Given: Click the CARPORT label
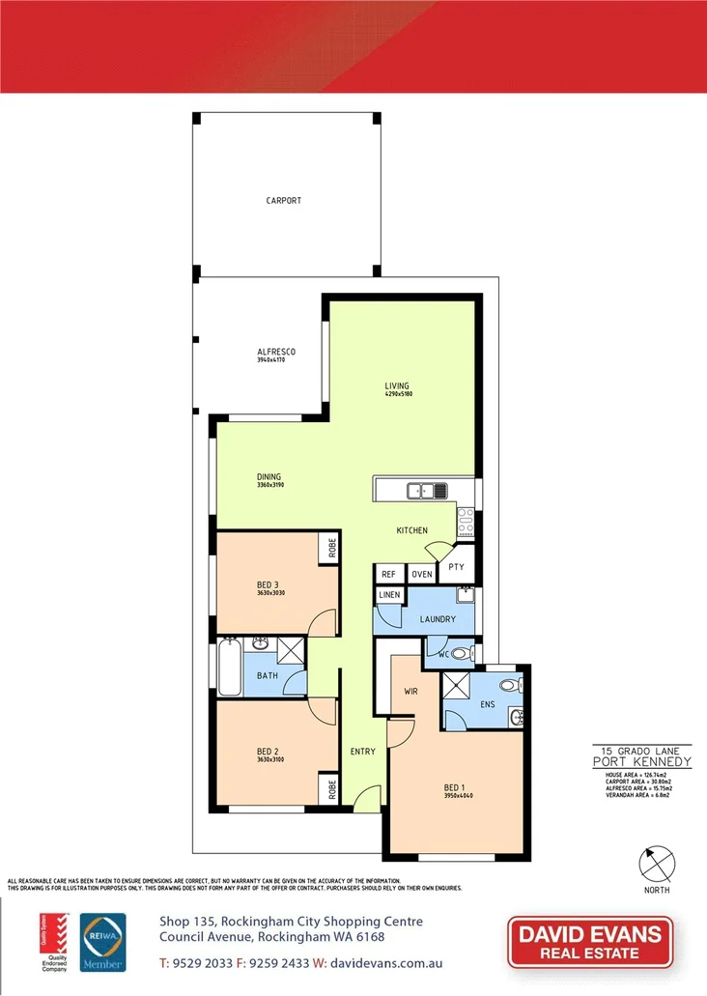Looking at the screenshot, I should click(284, 201).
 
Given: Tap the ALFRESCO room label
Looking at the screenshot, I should click(275, 352).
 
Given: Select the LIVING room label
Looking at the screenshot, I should click(398, 386).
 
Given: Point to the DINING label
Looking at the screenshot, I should click(269, 476).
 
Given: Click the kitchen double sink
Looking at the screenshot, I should click(427, 491).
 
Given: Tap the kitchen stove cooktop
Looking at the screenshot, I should click(466, 522).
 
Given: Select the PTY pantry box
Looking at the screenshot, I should click(456, 567).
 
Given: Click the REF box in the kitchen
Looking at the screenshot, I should click(388, 574).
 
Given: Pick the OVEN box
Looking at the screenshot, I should click(421, 574).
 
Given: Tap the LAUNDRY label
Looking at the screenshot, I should click(438, 619).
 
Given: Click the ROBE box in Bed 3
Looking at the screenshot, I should click(330, 548).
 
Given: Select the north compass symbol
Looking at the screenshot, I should click(658, 862).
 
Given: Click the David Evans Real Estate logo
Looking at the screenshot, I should click(590, 942).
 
